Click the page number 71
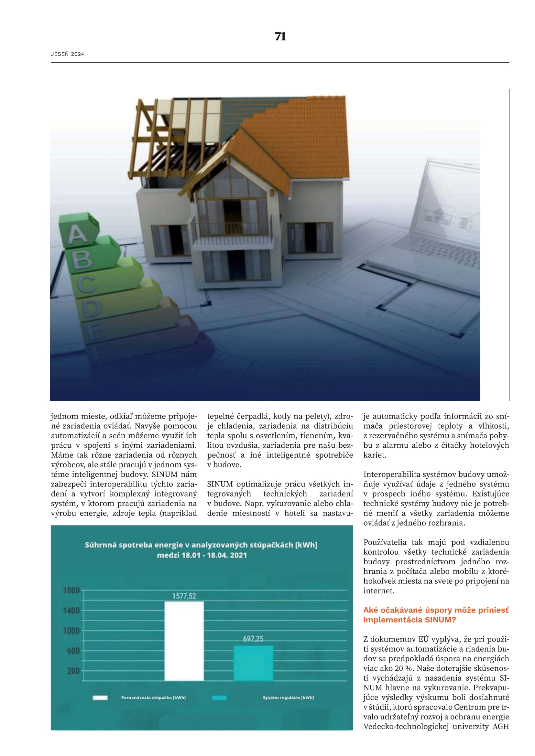280,37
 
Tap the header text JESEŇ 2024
68,54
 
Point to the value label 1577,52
184,596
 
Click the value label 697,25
253,639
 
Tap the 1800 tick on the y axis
71,591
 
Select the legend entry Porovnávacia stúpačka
153,697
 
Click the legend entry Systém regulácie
288,697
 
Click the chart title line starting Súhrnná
201,545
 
